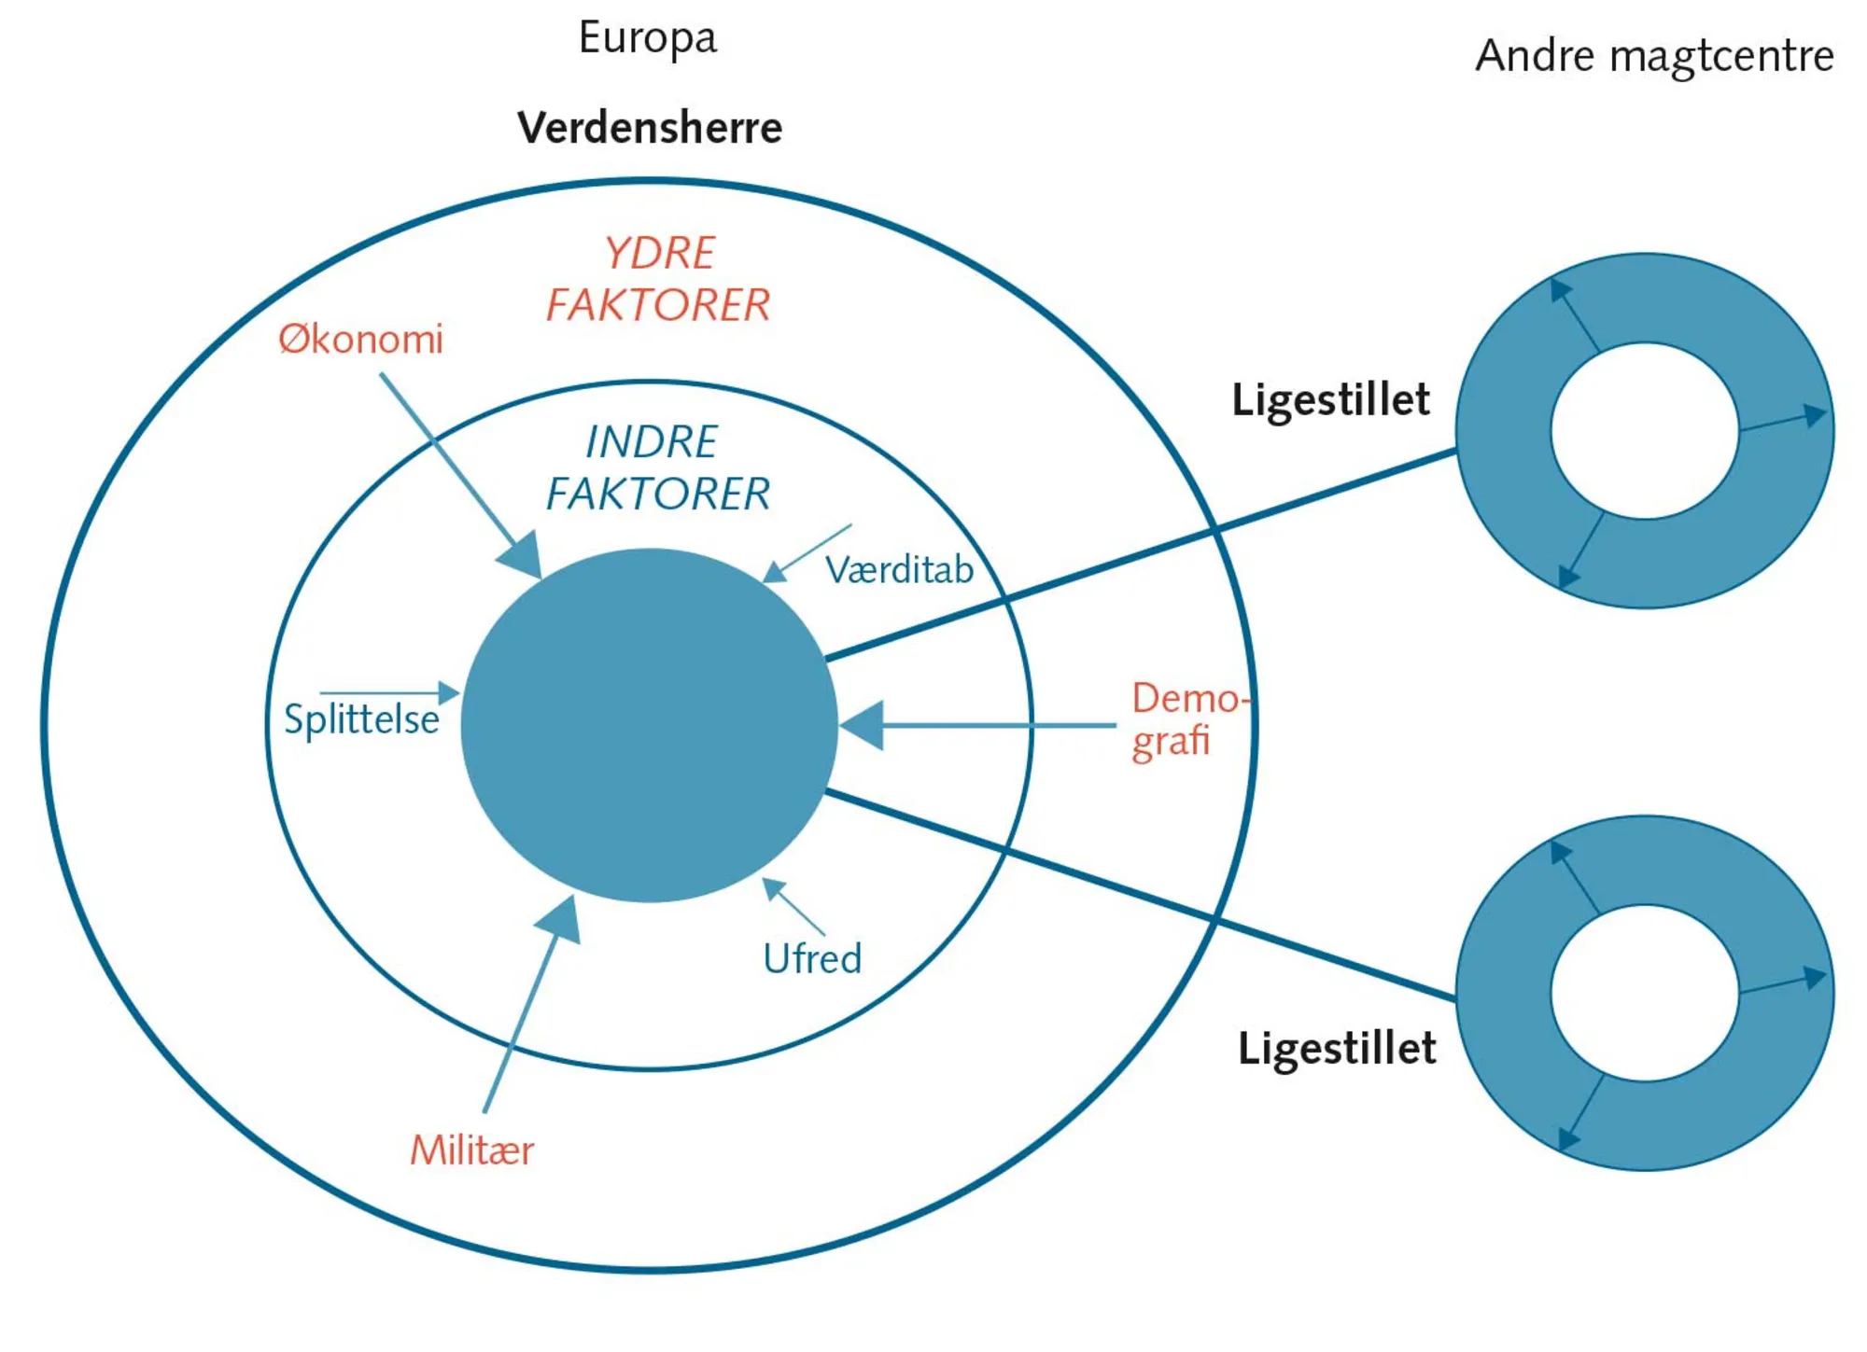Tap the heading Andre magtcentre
coord(1654,56)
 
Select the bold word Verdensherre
coord(650,128)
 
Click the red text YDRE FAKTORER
coord(658,279)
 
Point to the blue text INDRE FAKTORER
coord(657,467)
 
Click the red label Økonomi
coord(360,339)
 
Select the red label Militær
coord(471,1150)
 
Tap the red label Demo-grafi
coord(1184,719)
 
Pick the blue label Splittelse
coord(361,719)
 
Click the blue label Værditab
coord(899,570)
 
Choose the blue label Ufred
coord(812,958)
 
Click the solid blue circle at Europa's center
coord(649,725)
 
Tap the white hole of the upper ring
coord(1645,430)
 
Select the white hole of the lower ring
coord(1645,992)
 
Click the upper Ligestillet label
coord(1330,399)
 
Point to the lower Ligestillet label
coord(1337,1048)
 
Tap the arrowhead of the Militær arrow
coord(561,916)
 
